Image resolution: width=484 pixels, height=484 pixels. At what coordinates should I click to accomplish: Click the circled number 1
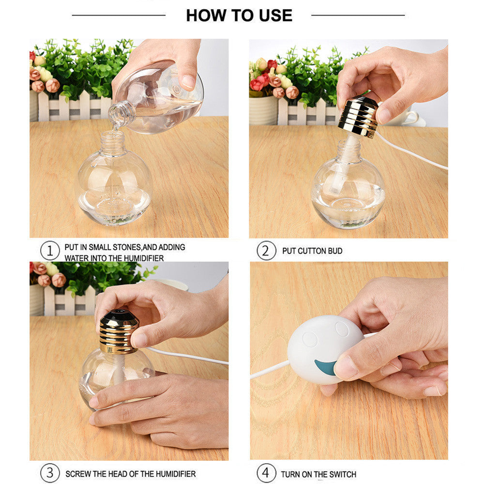point(50,251)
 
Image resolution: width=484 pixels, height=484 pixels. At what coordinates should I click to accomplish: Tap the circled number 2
point(266,251)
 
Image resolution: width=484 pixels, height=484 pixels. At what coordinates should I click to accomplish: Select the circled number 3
point(50,473)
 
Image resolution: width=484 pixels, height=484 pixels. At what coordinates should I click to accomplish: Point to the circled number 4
point(266,473)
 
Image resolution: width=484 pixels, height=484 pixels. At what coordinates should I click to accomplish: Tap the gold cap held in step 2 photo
point(358,116)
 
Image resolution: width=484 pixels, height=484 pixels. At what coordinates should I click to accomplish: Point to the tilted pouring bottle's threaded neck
point(121,114)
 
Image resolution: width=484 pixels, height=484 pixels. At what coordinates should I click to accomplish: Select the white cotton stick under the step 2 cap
point(344,161)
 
